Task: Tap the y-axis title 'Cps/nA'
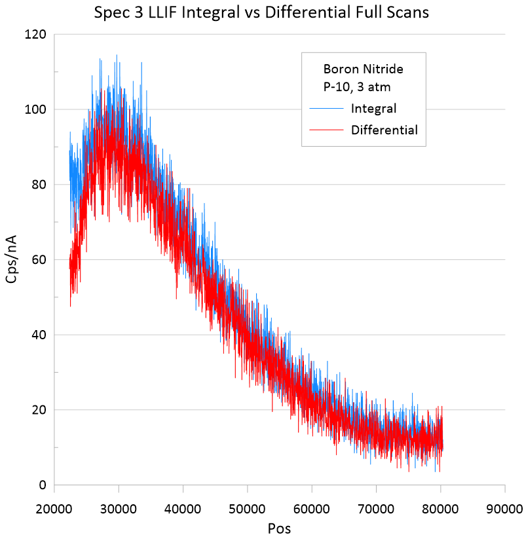(12, 259)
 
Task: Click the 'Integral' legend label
(373, 108)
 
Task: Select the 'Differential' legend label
(384, 130)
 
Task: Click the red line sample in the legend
(326, 130)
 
